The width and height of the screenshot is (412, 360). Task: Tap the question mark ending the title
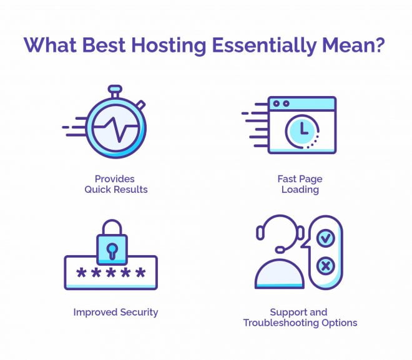point(379,44)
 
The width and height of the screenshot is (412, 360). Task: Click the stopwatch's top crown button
point(115,89)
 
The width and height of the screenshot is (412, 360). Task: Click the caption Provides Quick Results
point(115,184)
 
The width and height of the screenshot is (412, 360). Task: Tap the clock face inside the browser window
point(302,131)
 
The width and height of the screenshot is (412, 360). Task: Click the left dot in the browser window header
point(277,104)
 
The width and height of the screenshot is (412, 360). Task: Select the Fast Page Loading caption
point(300,184)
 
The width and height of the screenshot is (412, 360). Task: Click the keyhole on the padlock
point(112,251)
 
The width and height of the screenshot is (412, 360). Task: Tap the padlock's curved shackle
point(112,227)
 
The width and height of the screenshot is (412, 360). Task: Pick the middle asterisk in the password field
point(111,273)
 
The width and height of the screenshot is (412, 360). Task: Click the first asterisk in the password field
point(81,273)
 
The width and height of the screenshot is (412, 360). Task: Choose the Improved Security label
point(115,312)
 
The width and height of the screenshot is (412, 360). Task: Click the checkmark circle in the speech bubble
point(326,238)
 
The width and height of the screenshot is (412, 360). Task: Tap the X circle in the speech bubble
point(326,266)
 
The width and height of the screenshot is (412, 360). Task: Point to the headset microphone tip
point(280,249)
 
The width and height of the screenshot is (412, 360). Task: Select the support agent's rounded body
point(280,274)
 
